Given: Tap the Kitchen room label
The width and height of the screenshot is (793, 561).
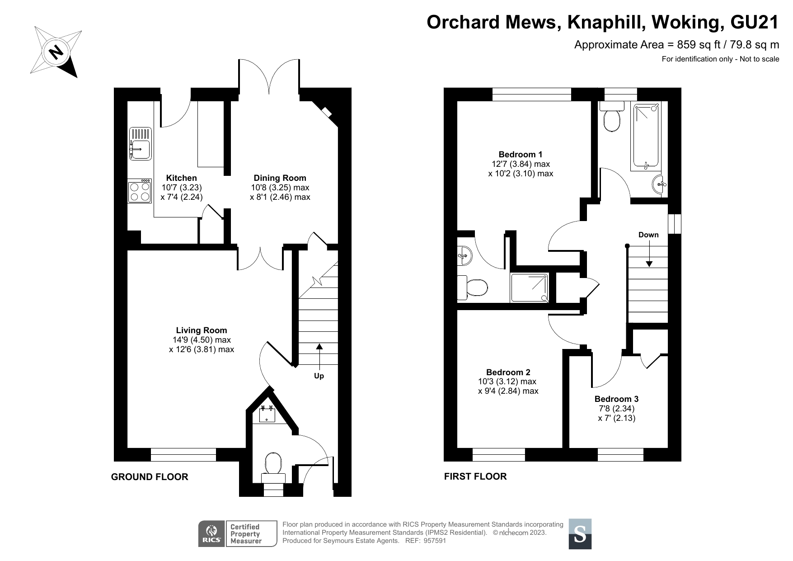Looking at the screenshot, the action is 182,178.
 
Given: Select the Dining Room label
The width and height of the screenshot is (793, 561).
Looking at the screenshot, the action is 280,178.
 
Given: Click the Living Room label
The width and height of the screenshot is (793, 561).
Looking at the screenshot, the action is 202,330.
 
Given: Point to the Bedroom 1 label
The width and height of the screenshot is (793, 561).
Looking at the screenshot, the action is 521,154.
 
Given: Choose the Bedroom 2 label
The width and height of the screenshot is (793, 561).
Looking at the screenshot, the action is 508,372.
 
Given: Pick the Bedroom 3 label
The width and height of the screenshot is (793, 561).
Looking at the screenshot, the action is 616,399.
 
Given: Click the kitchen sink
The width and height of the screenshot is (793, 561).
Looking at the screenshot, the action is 141,143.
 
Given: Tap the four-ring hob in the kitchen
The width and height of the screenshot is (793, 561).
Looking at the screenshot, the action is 140,191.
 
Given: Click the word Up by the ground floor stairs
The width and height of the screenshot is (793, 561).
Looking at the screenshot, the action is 319,376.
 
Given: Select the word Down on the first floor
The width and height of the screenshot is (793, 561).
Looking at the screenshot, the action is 648,235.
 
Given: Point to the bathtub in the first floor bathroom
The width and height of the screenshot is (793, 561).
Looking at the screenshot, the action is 647,137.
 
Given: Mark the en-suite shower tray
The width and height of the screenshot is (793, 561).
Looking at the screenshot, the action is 530,288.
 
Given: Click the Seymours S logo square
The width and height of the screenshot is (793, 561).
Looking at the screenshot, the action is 580,534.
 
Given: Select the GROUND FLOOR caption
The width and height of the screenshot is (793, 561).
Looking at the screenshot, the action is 150,477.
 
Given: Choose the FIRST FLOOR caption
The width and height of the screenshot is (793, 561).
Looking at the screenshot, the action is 475,476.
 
